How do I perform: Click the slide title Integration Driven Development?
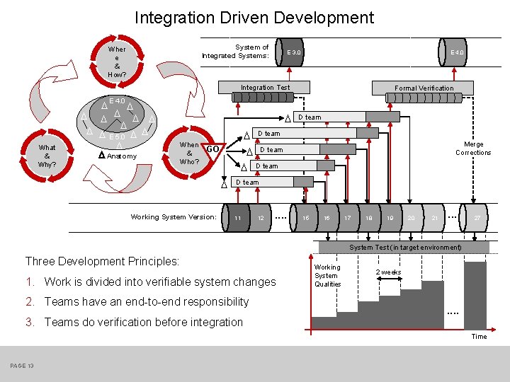[254, 17]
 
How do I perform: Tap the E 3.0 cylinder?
[293, 52]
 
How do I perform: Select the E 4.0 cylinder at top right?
[457, 53]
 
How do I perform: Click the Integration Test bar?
[266, 88]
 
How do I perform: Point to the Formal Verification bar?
[424, 88]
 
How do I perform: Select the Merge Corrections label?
[473, 149]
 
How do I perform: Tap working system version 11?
[238, 218]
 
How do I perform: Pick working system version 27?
[477, 219]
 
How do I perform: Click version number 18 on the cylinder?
[369, 219]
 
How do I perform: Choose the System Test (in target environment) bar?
[405, 248]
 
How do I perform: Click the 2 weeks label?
[388, 272]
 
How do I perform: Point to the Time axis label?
[479, 337]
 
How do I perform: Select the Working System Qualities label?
[327, 275]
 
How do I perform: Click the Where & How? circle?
[117, 62]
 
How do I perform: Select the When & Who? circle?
[189, 153]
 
